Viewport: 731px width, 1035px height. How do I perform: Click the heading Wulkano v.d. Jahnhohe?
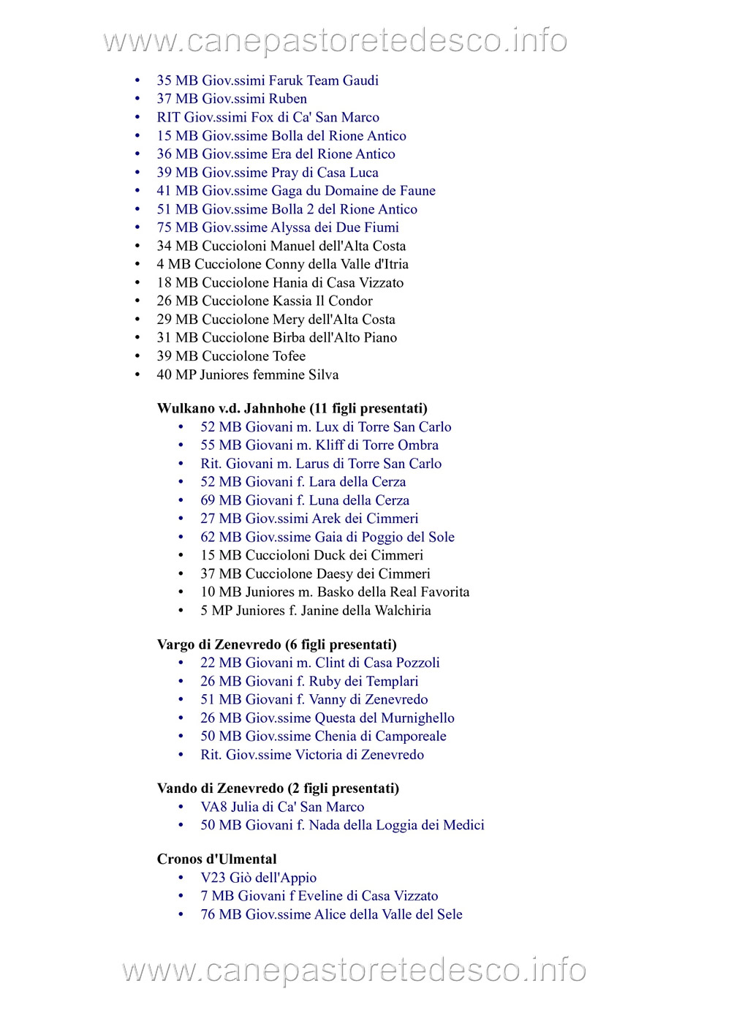pyautogui.click(x=292, y=408)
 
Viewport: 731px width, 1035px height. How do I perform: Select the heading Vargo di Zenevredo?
pyautogui.click(x=276, y=644)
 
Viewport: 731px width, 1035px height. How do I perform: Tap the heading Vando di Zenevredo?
pyautogui.click(x=278, y=789)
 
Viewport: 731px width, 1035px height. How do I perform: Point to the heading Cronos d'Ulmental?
pyautogui.click(x=216, y=859)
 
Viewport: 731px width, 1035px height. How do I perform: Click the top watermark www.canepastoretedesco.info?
pyautogui.click(x=336, y=41)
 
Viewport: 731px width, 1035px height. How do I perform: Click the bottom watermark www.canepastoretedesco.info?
pyautogui.click(x=354, y=970)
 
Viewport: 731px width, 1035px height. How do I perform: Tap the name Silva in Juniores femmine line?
pyautogui.click(x=323, y=375)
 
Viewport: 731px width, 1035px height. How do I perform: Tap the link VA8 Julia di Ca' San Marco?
pyautogui.click(x=282, y=807)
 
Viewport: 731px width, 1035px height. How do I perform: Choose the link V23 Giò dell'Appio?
pyautogui.click(x=258, y=878)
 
